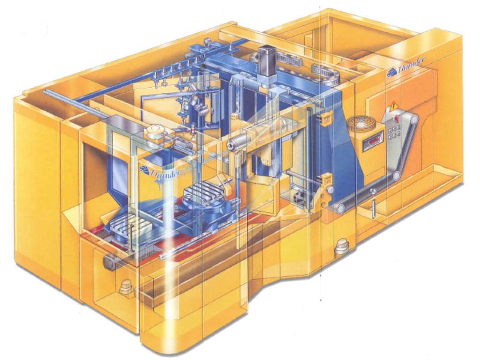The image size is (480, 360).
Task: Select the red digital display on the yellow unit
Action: (x=373, y=141)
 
